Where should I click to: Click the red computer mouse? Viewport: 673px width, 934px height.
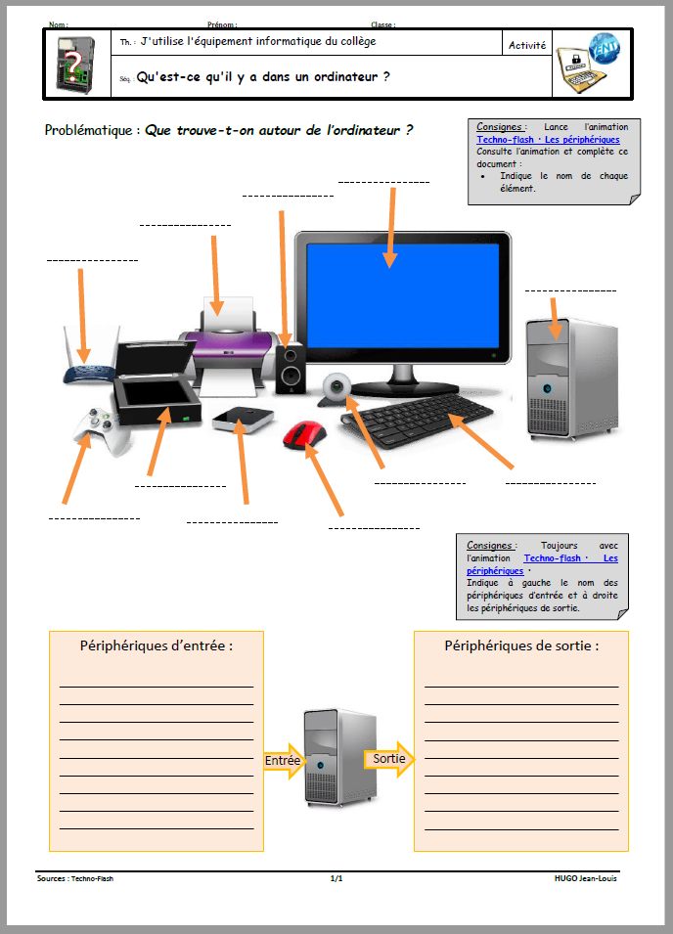click(304, 433)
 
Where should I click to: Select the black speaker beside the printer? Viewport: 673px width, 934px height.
click(289, 369)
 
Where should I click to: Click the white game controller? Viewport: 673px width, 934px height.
click(102, 429)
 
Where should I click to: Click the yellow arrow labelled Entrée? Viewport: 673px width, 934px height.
click(284, 760)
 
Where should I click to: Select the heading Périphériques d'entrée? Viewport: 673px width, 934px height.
click(157, 645)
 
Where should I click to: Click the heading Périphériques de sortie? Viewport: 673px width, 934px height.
click(521, 645)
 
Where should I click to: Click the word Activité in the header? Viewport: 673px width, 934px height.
click(527, 45)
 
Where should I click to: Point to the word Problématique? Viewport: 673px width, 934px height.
click(91, 130)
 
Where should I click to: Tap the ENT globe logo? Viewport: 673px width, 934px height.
click(603, 48)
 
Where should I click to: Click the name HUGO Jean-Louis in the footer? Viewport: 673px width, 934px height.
click(585, 878)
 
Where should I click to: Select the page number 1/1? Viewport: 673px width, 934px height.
click(336, 878)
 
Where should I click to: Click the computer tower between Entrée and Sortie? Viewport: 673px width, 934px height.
click(338, 756)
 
